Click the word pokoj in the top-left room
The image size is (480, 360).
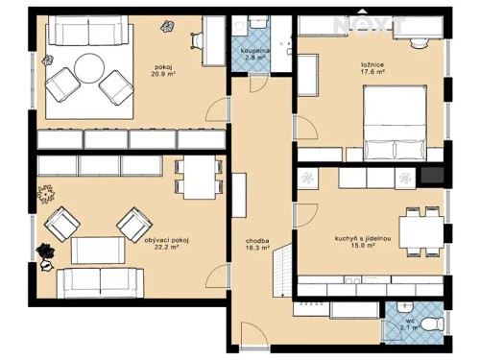[x=161, y=67]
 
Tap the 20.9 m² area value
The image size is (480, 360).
[x=161, y=76]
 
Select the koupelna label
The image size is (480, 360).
[x=254, y=52]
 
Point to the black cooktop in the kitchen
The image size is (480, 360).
[x=431, y=176]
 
